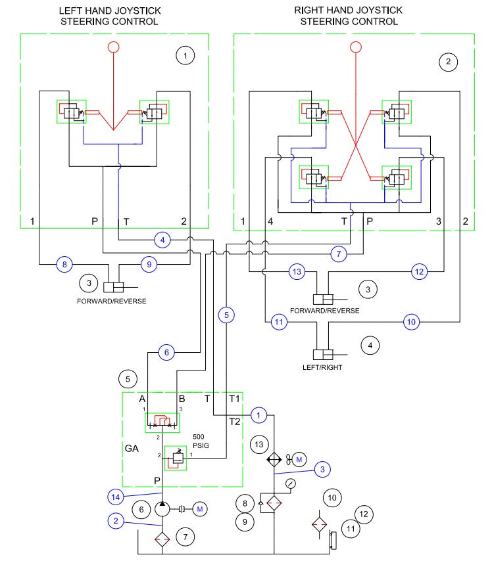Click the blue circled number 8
pos(64,265)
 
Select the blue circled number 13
pos(297,271)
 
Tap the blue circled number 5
pos(226,315)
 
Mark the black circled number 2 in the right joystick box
pos(448,62)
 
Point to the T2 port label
pos(235,421)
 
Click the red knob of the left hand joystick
pos(113,47)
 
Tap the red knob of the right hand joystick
pos(356,47)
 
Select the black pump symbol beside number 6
pos(161,508)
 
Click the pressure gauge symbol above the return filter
pos(291,483)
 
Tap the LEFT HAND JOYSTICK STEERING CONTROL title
pos(109,16)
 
